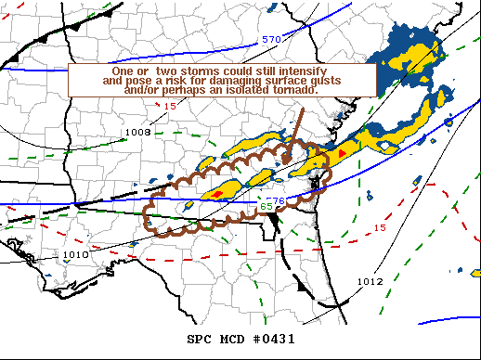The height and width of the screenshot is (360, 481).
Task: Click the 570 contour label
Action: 270,40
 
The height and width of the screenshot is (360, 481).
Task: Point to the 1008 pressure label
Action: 137,133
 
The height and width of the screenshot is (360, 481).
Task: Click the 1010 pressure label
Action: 75,254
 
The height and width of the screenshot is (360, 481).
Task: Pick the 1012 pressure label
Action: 369,280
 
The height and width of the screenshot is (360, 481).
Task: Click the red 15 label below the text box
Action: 169,106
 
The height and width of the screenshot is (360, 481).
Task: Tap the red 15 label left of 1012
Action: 379,227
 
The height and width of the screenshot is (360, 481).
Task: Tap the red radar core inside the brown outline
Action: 217,194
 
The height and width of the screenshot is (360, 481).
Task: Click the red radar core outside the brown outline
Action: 343,151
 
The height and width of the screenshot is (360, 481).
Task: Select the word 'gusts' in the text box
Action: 341,81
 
